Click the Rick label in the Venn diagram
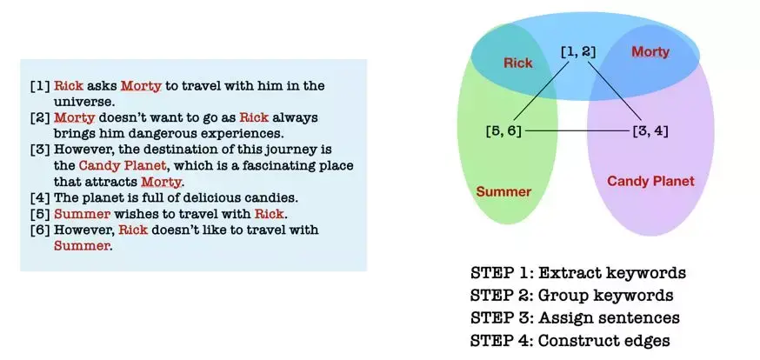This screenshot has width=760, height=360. (517, 63)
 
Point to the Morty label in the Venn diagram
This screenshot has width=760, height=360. (650, 52)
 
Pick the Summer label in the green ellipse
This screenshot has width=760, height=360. (503, 191)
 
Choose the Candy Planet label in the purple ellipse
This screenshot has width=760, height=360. (650, 181)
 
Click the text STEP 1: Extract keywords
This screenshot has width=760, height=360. (577, 273)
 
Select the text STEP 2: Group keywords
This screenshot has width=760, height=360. (571, 295)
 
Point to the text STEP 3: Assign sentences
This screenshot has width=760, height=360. (575, 318)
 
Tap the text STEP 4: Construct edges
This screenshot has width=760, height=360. (570, 340)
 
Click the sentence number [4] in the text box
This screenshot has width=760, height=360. (40, 197)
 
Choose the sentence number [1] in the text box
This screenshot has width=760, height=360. (40, 86)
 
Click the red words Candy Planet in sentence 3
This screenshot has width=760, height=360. (123, 166)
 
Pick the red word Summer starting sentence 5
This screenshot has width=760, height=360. (82, 214)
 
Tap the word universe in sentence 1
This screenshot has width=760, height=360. (83, 103)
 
